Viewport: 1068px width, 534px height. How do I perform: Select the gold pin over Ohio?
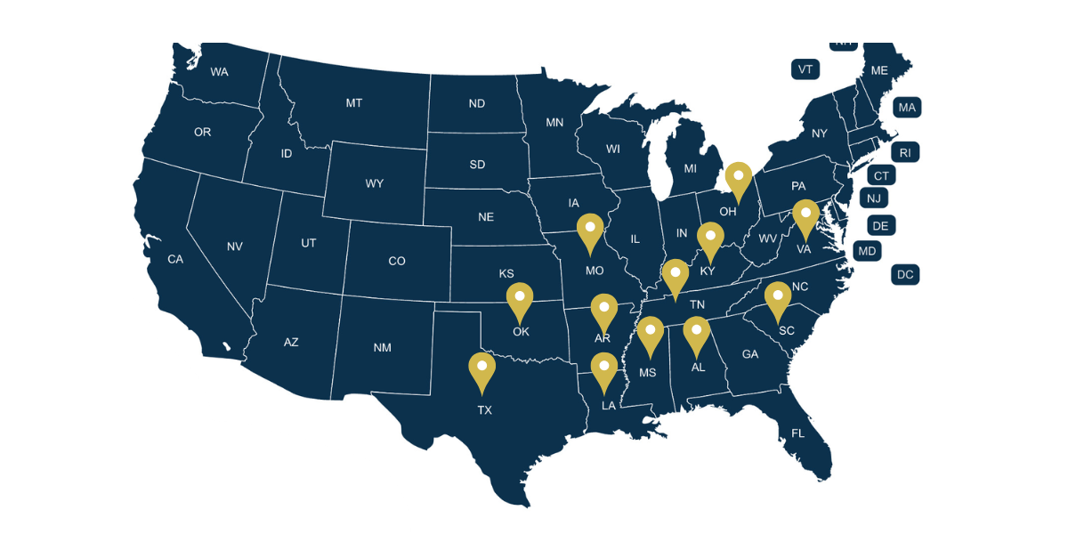point(738,179)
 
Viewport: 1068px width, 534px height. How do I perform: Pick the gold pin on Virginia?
point(805,217)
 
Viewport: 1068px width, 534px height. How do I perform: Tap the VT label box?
point(805,69)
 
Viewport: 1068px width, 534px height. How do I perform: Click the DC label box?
point(905,275)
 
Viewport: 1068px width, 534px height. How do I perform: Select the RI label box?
point(905,153)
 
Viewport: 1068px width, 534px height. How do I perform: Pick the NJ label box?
point(874,198)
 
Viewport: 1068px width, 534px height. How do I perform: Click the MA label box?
point(907,108)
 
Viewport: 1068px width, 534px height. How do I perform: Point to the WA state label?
point(220,72)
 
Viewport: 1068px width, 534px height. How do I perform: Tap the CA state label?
point(175,260)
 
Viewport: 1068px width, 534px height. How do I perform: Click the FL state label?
point(797,433)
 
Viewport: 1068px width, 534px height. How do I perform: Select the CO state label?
point(397,261)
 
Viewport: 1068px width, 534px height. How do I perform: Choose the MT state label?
point(354,103)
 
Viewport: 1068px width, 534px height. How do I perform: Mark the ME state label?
point(879,70)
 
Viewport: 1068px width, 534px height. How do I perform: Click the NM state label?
point(382,348)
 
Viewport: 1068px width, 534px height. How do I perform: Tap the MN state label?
point(554,123)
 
